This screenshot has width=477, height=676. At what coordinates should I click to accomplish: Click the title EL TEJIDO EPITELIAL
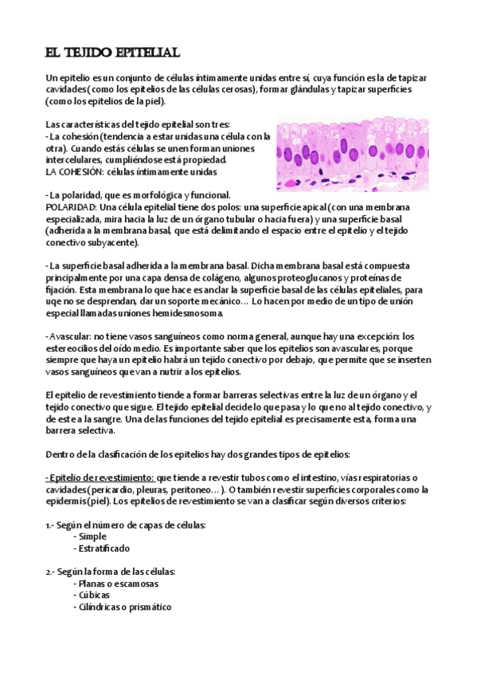point(112,53)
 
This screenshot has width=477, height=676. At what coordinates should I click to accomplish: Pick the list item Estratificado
point(104,548)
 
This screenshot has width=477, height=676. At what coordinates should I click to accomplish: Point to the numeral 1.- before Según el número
point(50,525)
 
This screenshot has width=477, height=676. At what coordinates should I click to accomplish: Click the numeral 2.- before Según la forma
point(51,572)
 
